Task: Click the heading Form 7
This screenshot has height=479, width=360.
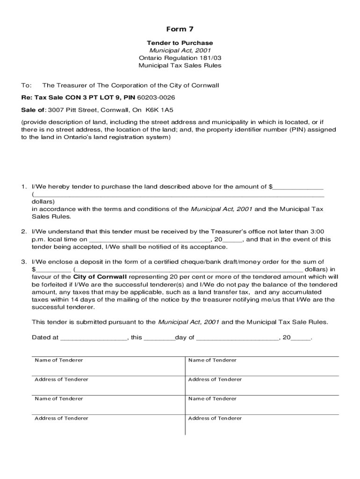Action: click(x=180, y=29)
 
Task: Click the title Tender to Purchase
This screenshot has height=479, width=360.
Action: click(x=180, y=43)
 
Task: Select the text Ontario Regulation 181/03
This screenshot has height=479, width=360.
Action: click(x=180, y=58)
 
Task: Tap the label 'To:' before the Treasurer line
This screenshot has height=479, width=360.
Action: click(x=26, y=86)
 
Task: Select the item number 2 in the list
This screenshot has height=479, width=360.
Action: click(x=23, y=232)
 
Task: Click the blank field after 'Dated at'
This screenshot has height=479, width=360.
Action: click(x=94, y=337)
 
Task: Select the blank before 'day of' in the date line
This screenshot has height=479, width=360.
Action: click(x=159, y=337)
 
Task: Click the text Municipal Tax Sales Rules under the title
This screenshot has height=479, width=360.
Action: click(x=180, y=65)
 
